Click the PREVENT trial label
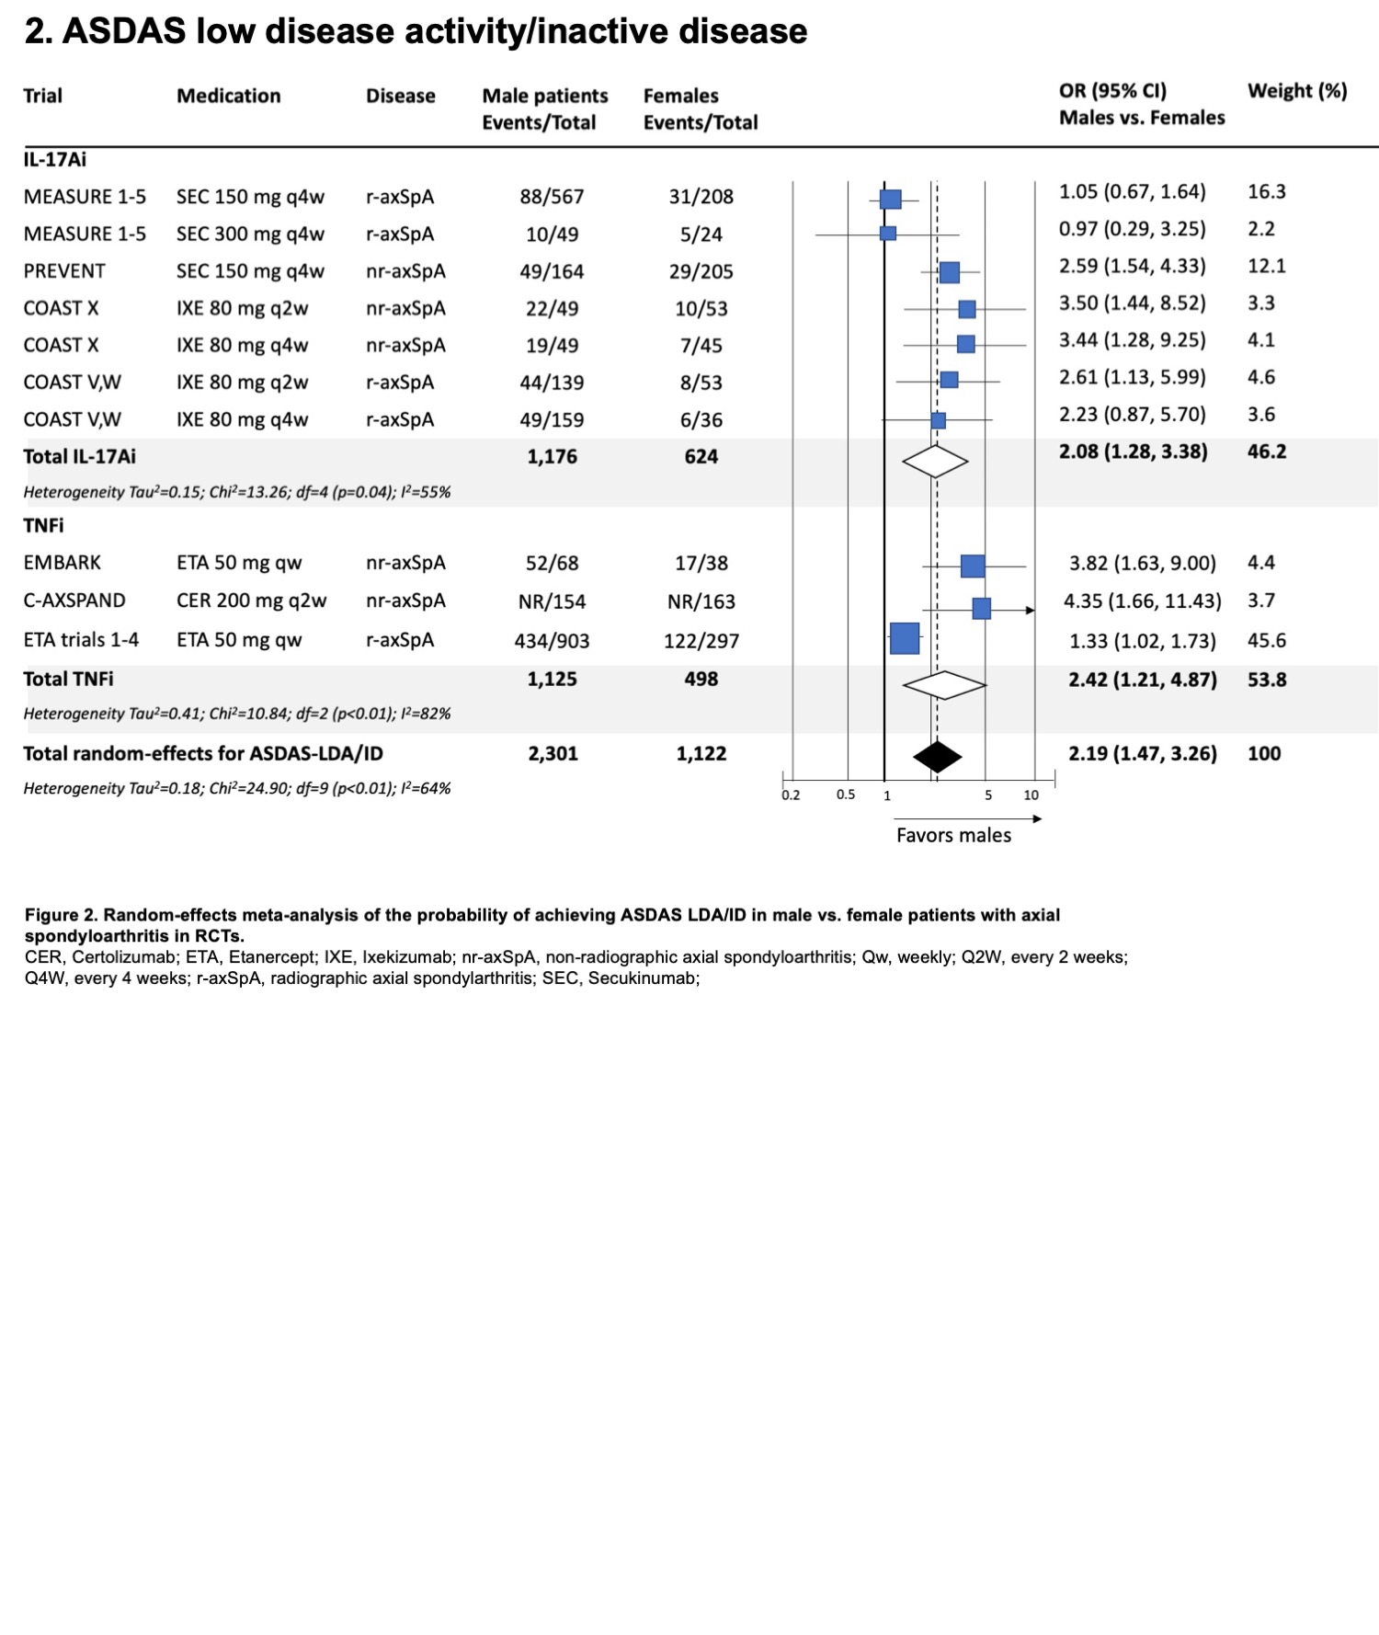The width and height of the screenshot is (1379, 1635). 64,271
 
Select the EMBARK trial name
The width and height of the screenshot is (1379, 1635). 63,563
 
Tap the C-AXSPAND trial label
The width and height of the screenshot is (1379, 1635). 74,600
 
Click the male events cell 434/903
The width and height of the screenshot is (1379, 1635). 552,641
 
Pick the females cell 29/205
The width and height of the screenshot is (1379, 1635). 701,271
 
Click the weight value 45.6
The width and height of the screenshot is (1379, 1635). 1266,640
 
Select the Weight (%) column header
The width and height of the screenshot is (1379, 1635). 1296,91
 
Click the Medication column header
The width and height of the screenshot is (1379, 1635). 228,96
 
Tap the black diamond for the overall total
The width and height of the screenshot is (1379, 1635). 937,757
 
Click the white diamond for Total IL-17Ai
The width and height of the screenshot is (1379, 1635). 935,461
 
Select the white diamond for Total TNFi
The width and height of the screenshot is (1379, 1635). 944,684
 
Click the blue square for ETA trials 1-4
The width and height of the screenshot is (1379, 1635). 905,638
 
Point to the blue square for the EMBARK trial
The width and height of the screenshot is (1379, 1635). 972,566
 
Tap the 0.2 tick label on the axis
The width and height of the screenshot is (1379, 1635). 791,795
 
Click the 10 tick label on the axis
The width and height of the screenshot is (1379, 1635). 1031,795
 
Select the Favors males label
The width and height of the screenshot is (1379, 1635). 953,835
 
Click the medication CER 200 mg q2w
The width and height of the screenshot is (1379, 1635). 251,600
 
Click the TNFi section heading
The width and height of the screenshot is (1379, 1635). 43,525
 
